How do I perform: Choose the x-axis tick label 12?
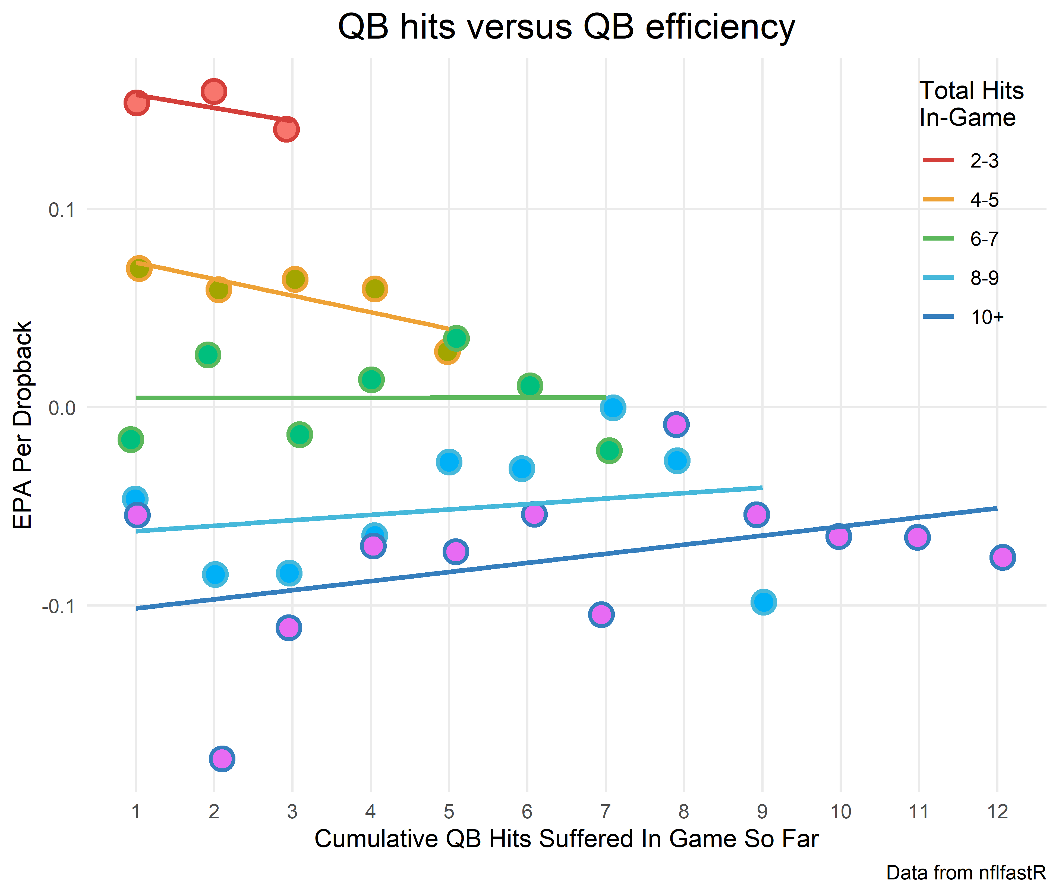997,812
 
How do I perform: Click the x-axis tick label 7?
606,812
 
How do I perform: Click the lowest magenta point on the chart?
222,759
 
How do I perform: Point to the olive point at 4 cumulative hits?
375,289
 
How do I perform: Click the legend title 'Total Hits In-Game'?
971,104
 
